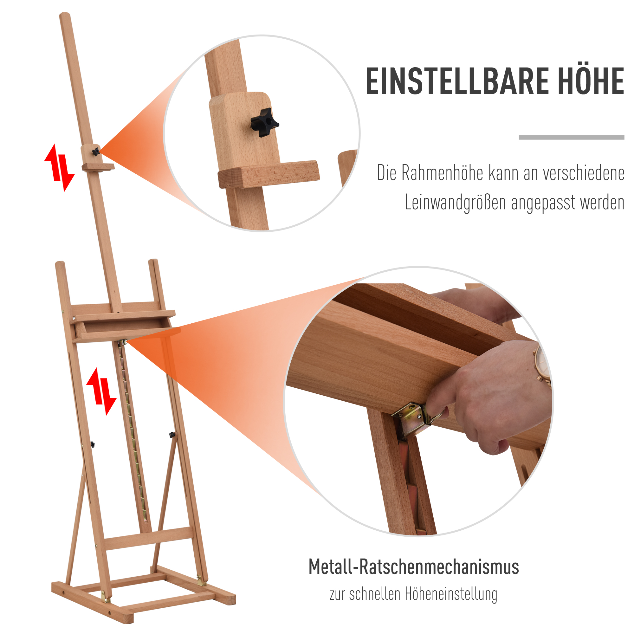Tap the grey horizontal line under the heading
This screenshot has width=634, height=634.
point(571,138)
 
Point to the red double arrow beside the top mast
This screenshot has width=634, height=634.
point(59,167)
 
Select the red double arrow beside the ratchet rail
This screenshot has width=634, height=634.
point(101,391)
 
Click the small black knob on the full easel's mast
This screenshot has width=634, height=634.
point(95,152)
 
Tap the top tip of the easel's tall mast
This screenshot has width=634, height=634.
point(65,15)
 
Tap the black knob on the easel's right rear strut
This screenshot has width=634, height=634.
point(173,435)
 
